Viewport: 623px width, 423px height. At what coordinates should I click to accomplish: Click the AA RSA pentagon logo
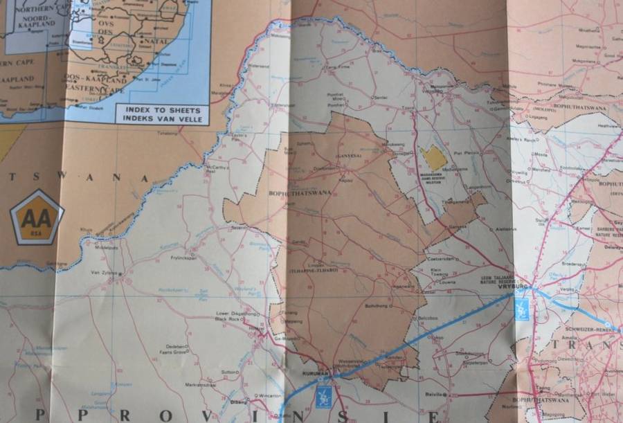(37, 217)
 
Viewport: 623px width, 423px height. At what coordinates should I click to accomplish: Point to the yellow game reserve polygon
(434, 158)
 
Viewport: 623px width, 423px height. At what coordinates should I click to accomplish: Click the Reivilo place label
(433, 393)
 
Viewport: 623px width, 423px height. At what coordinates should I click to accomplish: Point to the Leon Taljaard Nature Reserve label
(482, 279)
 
